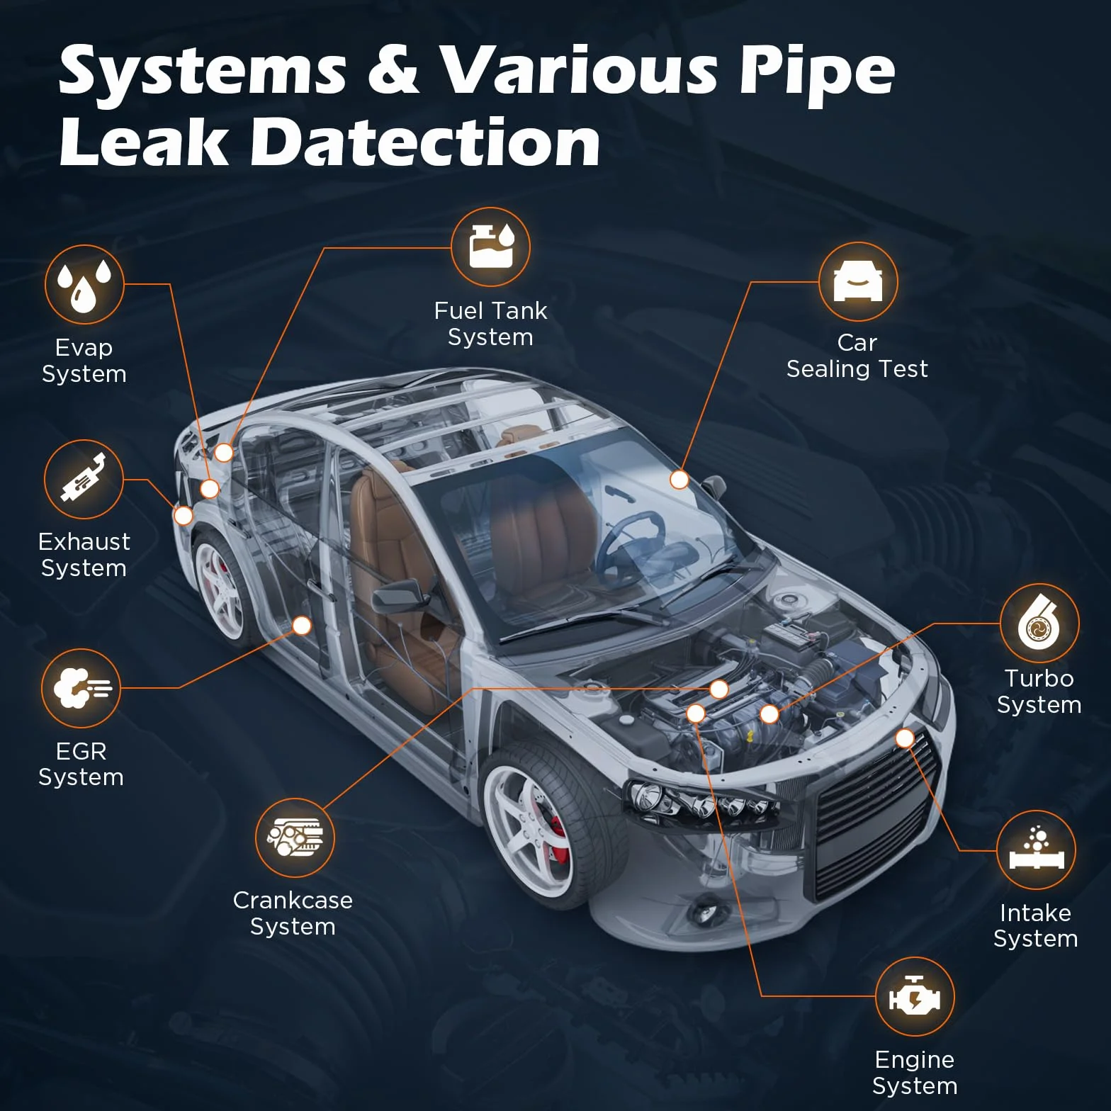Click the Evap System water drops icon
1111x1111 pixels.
(x=84, y=285)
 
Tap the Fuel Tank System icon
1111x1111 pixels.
(x=490, y=247)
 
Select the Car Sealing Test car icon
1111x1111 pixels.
(x=858, y=281)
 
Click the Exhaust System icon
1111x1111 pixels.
(x=84, y=479)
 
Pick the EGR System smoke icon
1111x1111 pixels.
(x=81, y=688)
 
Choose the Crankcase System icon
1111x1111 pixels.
(x=295, y=838)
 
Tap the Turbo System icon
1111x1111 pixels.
(x=1039, y=623)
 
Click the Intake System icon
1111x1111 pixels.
(x=1036, y=850)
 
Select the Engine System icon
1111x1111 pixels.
(x=915, y=997)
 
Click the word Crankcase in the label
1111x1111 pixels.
(x=293, y=900)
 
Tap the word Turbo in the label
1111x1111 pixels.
(x=1039, y=678)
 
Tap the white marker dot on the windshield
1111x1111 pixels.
(x=679, y=480)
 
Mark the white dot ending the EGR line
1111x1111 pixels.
(x=302, y=626)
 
